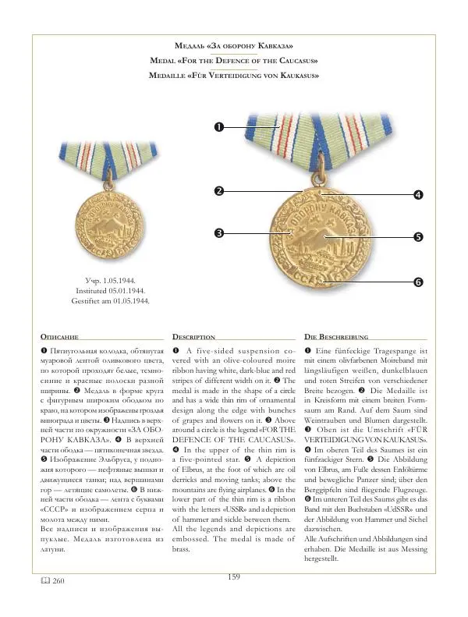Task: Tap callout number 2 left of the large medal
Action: (x=220, y=190)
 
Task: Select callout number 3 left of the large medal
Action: (x=220, y=232)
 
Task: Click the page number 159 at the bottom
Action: (x=233, y=598)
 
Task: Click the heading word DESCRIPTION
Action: (x=193, y=336)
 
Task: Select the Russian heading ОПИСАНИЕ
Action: (x=59, y=336)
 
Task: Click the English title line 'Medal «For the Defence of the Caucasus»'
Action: (x=234, y=61)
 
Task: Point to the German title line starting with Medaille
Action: (x=234, y=76)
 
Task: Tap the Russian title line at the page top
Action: (x=234, y=47)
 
